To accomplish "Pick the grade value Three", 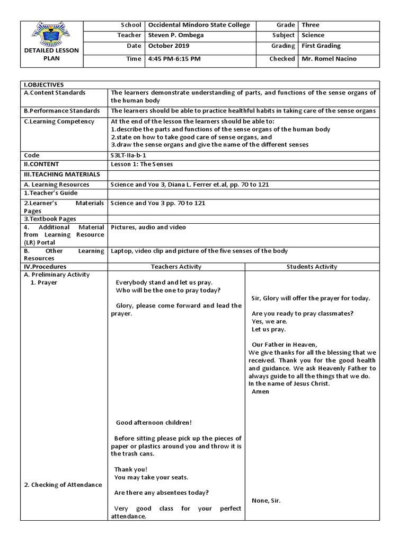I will (311, 25).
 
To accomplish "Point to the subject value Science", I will (313, 36).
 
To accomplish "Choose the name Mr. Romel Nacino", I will (329, 59).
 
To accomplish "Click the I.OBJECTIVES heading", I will (44, 85).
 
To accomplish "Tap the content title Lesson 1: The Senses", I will (141, 164).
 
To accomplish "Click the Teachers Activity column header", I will (176, 267).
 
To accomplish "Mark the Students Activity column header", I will (312, 267).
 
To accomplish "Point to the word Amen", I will (260, 392).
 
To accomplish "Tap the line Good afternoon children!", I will (153, 423).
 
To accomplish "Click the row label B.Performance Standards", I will (62, 111).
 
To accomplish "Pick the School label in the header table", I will (131, 25).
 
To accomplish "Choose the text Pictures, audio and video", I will (148, 227).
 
